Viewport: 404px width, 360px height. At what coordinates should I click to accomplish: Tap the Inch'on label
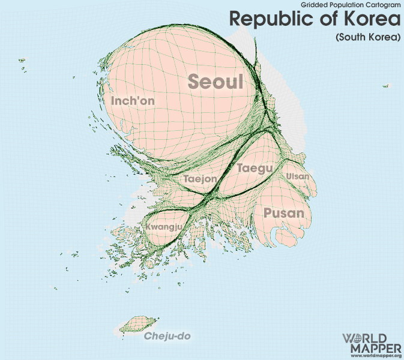(133, 101)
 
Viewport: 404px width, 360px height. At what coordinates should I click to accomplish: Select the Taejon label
(200, 179)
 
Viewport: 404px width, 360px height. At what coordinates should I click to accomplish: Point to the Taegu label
(255, 168)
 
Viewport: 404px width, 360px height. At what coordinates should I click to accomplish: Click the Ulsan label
(298, 176)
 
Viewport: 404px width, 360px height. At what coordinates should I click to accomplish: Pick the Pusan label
(284, 213)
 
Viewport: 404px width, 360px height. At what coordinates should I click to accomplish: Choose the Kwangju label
(163, 227)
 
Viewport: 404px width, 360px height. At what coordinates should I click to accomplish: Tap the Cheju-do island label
(167, 336)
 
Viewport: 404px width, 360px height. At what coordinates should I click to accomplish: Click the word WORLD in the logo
(372, 339)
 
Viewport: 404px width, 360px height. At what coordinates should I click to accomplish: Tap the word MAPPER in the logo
(372, 349)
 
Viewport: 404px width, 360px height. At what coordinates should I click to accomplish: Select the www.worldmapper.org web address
(372, 356)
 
